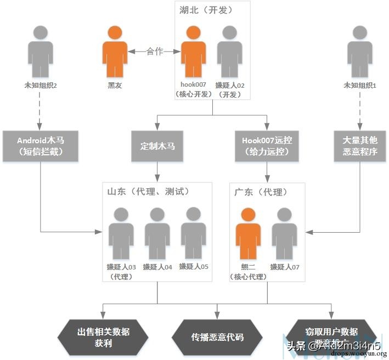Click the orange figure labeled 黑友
(115, 53)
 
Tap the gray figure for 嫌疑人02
(230, 53)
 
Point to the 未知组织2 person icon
(41, 53)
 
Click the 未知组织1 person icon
(359, 53)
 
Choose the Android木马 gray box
(41, 146)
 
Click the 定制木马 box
(157, 146)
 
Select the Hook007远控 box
(267, 146)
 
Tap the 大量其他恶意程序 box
(360, 146)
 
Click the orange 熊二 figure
(249, 234)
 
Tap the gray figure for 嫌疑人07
(284, 234)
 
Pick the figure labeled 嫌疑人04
(157, 234)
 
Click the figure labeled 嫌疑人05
(194, 233)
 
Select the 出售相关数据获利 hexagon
(104, 336)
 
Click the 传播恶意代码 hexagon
(217, 336)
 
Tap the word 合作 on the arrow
(155, 52)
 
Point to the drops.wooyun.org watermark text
(359, 353)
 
